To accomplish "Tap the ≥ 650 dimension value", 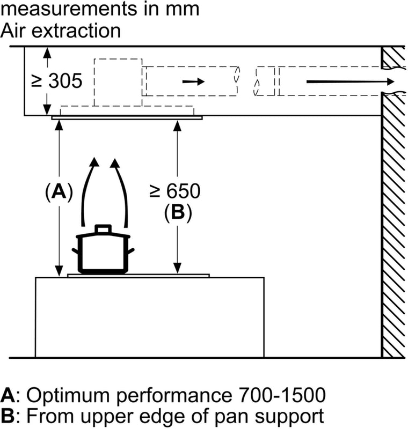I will click(x=175, y=190).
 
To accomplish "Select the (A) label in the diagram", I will click(x=59, y=191).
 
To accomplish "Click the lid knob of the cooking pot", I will click(x=102, y=229).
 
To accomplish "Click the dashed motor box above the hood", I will click(x=118, y=82).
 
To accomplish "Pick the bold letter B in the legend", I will click(x=8, y=416).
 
